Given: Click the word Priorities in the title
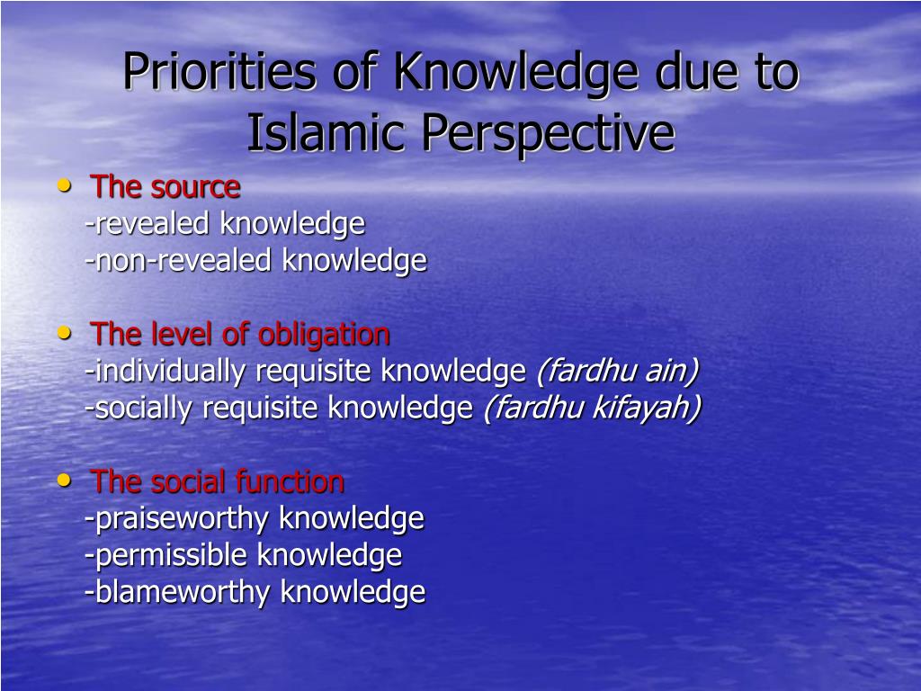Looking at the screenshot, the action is point(219,72).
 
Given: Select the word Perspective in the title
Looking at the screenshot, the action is point(549,134).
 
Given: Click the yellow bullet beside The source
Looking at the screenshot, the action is point(64,186).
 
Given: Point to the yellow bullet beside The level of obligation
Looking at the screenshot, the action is point(64,333).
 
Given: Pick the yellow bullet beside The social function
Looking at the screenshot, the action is point(64,480).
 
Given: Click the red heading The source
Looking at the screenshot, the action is point(165,187).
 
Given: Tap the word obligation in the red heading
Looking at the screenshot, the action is point(324,336).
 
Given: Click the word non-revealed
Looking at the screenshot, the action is point(179,260).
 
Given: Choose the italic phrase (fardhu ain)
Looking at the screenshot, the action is point(618,372).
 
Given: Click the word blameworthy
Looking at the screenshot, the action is point(178,592).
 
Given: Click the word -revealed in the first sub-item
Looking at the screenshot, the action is point(148,224).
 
